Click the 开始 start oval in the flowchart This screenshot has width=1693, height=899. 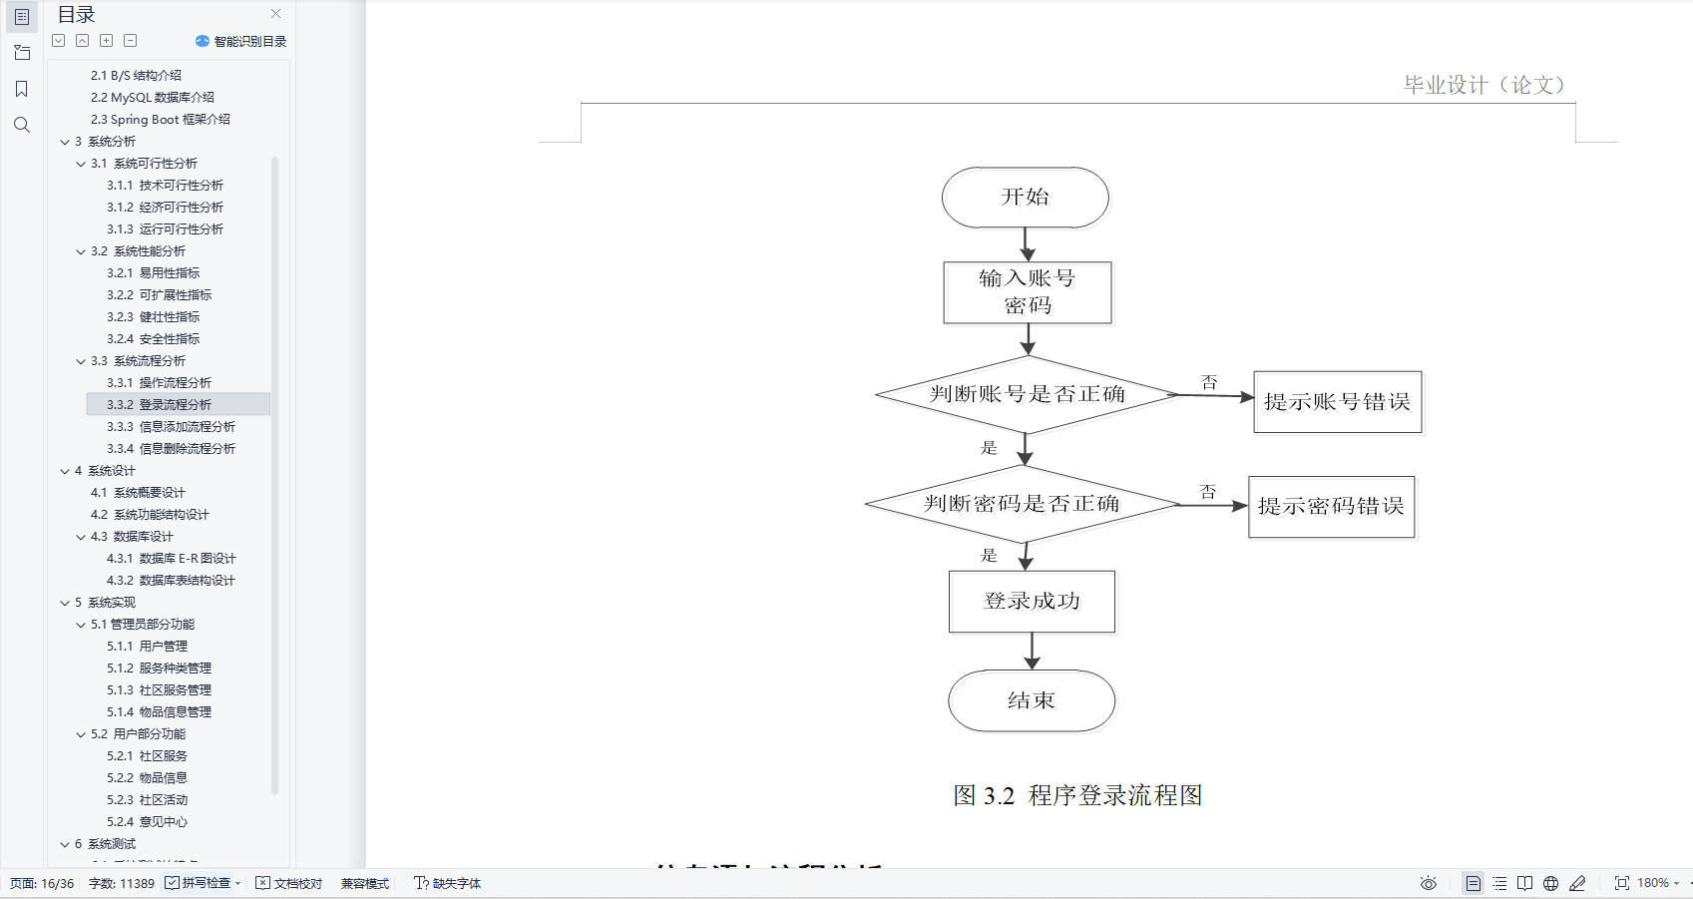coord(1025,197)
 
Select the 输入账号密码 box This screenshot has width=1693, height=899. coord(1027,292)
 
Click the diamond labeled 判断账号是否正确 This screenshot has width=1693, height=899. coord(1027,394)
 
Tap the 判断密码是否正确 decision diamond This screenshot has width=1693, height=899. coord(1022,504)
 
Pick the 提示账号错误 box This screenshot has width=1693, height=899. coord(1337,402)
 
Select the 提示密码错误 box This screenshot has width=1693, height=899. coord(1331,507)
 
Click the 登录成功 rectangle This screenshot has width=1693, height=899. coord(1032,601)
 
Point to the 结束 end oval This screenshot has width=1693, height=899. coord(1031,700)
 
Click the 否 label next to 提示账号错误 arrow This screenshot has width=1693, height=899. coord(1209,382)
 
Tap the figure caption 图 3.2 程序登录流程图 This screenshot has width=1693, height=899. coord(1077,795)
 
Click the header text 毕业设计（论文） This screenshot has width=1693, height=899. coord(1483,85)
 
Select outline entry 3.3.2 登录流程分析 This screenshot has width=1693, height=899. coord(175,404)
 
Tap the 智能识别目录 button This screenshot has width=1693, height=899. coord(241,41)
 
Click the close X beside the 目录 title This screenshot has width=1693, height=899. coord(276,14)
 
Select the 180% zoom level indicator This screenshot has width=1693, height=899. coord(1653,883)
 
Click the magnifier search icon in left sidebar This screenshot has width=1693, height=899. coord(22,125)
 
